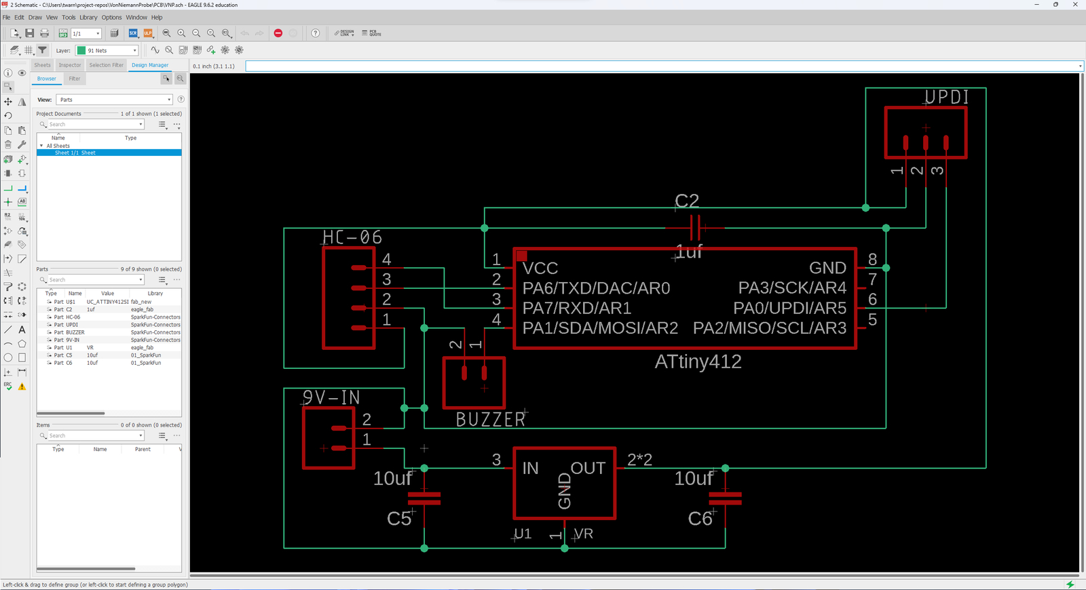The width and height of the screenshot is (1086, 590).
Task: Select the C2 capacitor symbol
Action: click(695, 228)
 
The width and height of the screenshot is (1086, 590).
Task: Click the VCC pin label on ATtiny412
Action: click(540, 269)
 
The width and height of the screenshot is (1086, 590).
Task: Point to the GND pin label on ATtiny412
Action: click(827, 269)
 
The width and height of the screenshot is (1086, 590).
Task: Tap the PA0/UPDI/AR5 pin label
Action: click(790, 309)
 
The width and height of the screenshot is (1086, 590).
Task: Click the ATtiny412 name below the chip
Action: click(698, 361)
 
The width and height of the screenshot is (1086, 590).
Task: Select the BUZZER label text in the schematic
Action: click(491, 420)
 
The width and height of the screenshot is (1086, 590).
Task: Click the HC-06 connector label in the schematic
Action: click(352, 237)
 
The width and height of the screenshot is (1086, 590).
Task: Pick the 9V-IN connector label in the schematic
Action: click(331, 397)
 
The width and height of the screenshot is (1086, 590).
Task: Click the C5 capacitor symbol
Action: click(424, 498)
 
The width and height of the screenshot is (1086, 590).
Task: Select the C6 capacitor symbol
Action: click(725, 498)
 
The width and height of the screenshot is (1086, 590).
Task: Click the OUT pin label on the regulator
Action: click(588, 469)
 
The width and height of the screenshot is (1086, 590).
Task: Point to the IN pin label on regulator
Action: click(530, 469)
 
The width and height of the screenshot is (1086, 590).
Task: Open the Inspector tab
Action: click(70, 65)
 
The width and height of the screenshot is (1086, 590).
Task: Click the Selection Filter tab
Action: click(107, 65)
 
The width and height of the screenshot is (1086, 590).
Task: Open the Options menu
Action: click(111, 18)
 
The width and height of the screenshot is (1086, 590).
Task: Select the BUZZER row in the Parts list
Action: click(75, 332)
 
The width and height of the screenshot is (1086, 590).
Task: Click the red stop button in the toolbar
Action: click(278, 33)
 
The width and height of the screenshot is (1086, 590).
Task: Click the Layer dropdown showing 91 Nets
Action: click(107, 51)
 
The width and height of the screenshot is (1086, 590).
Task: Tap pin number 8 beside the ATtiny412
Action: click(873, 259)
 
